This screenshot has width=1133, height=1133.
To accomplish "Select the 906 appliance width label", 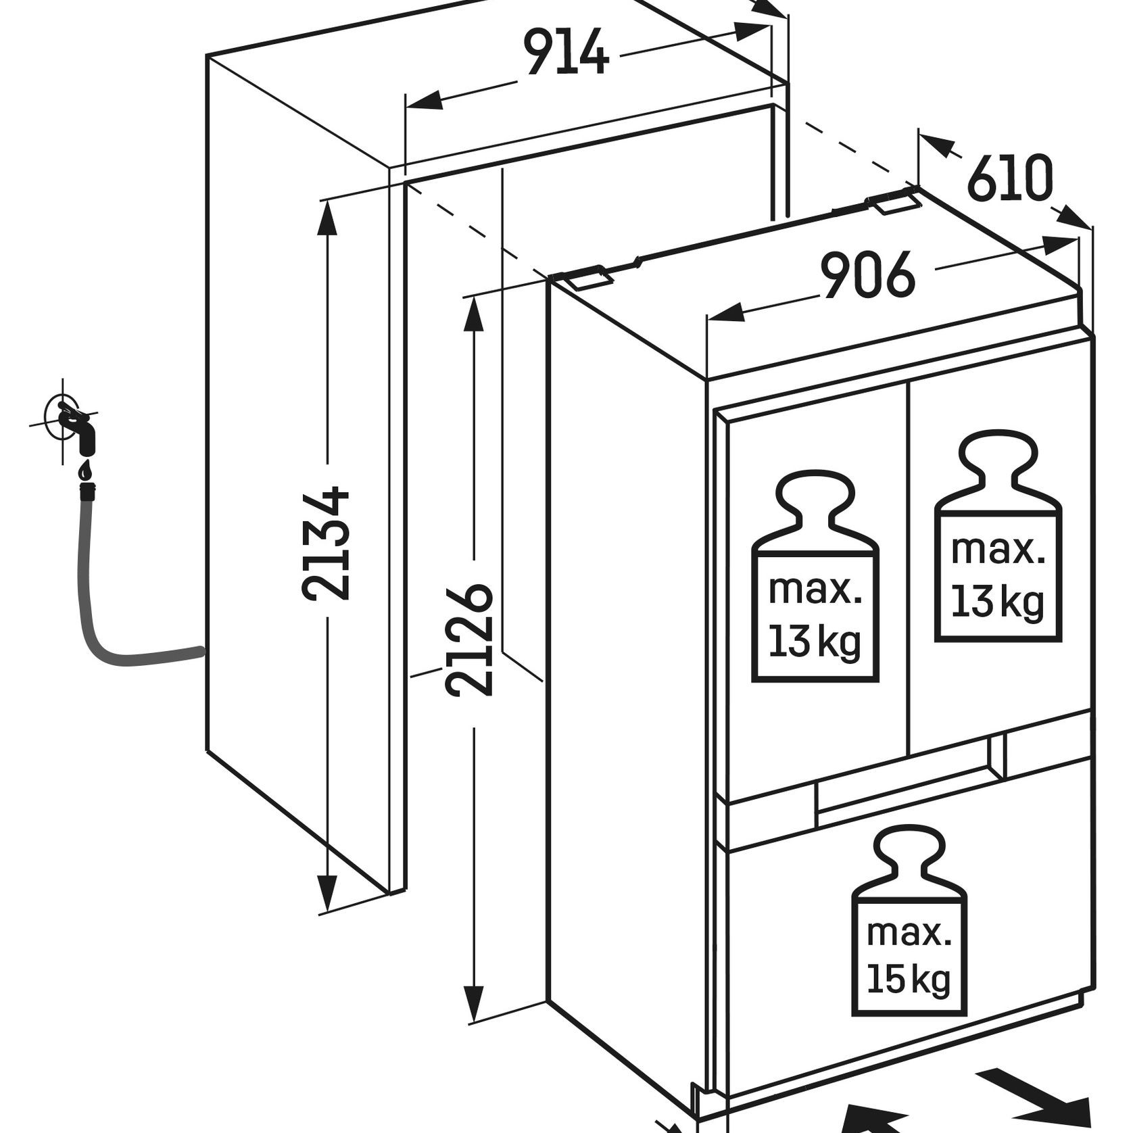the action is point(869,274).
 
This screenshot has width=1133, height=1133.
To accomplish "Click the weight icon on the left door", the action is point(815,579).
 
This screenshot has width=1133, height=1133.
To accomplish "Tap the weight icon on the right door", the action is point(998,537).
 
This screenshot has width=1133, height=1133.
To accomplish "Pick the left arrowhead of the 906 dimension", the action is point(725,314).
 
